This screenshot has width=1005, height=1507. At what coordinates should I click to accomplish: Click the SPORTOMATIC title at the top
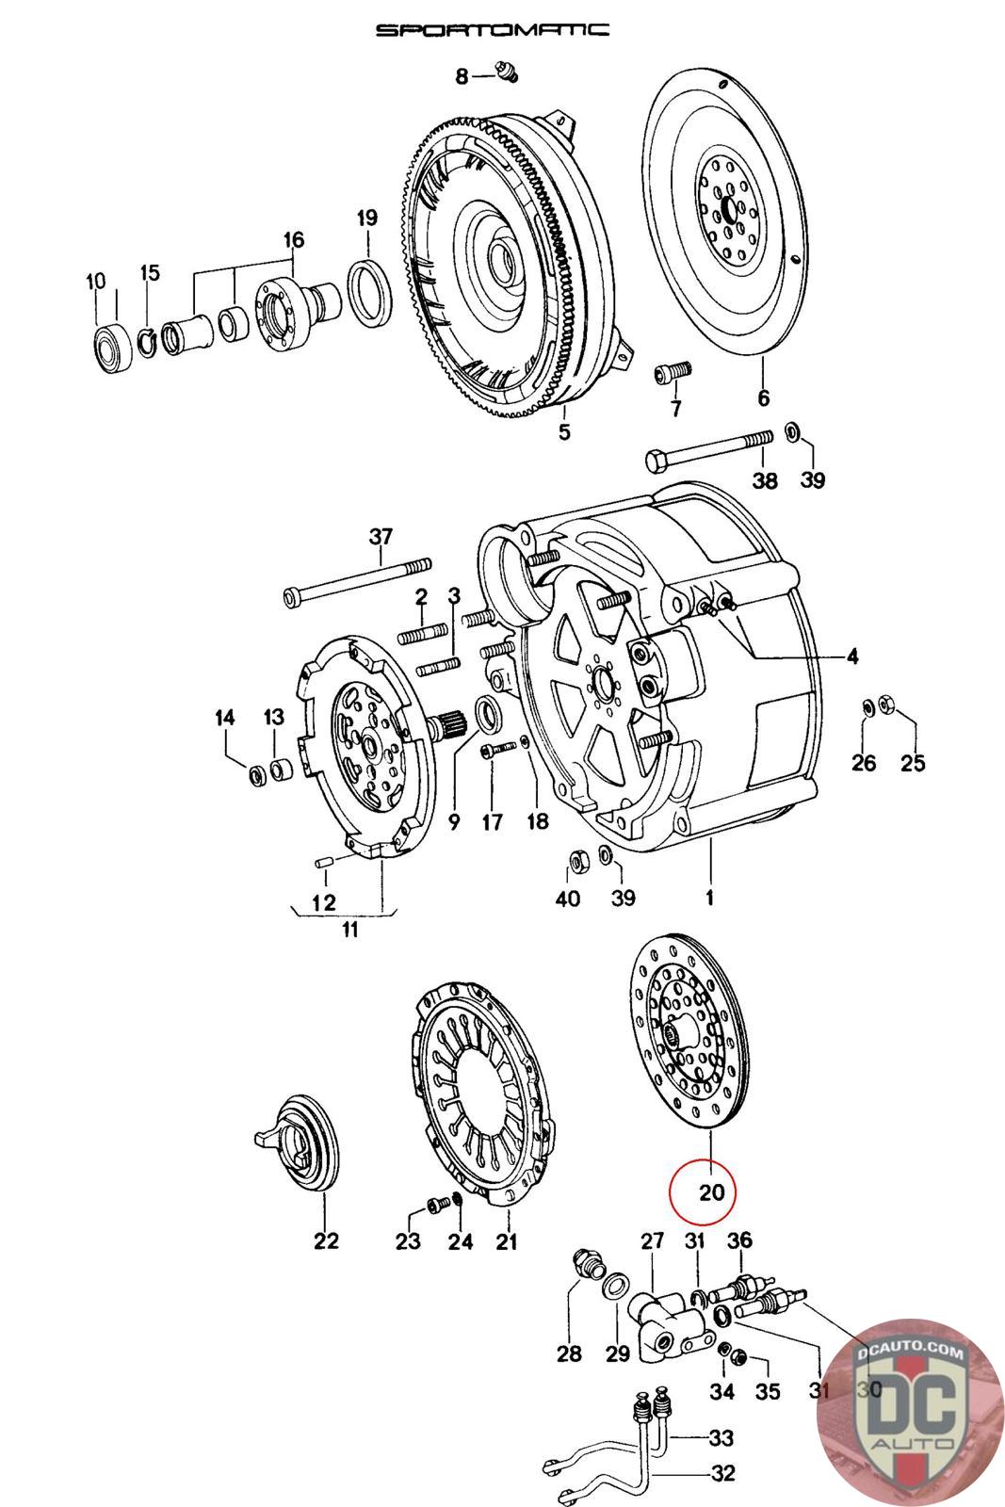tap(492, 30)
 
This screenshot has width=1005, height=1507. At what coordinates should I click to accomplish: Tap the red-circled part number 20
tap(711, 1192)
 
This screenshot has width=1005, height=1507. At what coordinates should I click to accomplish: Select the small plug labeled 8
tap(507, 72)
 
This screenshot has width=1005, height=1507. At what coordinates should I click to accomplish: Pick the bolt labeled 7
tap(673, 372)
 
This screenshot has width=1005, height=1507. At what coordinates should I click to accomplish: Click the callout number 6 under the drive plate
tap(763, 398)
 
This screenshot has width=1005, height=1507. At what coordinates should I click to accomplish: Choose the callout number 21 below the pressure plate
tap(507, 1242)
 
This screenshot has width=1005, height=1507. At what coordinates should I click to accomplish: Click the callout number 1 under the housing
tap(709, 898)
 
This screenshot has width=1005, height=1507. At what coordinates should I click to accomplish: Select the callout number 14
tap(224, 719)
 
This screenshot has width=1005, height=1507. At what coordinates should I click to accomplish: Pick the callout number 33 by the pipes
tap(721, 1438)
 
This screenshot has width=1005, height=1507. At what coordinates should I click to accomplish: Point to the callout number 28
tap(569, 1354)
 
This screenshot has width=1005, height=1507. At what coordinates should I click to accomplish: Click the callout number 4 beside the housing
tap(851, 656)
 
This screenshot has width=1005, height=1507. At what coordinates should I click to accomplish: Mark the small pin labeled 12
tap(319, 864)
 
